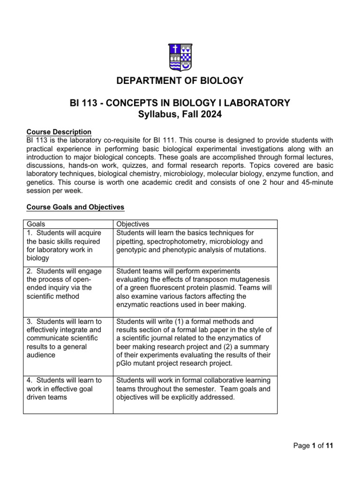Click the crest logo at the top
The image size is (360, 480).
pyautogui.click(x=180, y=57)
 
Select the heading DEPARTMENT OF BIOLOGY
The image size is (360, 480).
pyautogui.click(x=180, y=81)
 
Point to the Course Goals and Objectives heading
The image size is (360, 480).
pyautogui.click(x=75, y=207)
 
